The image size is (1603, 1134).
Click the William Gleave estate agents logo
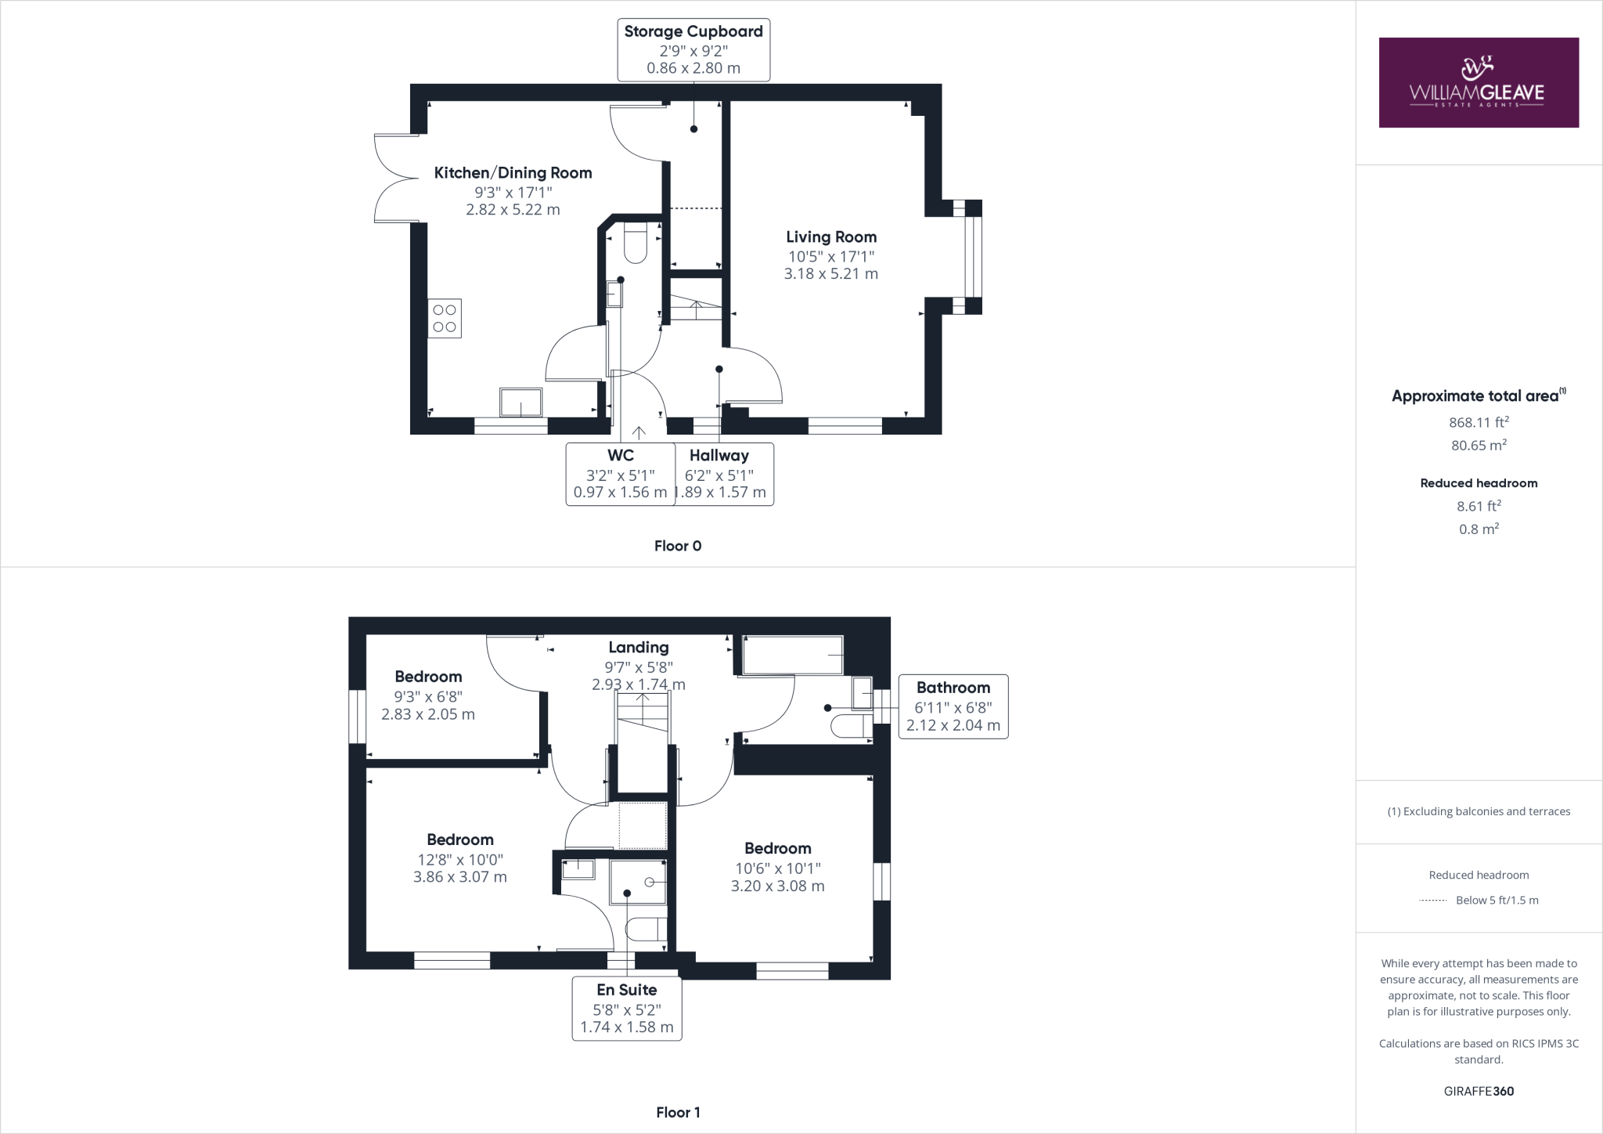tap(1478, 82)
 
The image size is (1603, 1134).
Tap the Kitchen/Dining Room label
tap(513, 173)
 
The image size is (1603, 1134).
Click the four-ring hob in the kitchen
tap(445, 319)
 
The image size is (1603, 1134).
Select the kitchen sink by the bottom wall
tap(521, 403)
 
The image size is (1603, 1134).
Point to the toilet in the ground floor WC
tap(634, 244)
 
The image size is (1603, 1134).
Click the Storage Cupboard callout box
tap(693, 49)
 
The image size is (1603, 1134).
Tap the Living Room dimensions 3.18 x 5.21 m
tap(830, 274)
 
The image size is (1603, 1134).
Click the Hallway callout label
tap(719, 456)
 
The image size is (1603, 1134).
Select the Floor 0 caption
tap(678, 546)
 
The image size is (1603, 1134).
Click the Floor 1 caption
tap(678, 1112)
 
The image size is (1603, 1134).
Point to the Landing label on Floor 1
tap(639, 648)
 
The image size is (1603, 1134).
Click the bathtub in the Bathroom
tap(792, 655)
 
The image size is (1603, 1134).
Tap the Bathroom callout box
tap(953, 706)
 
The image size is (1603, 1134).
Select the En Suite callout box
tap(626, 1008)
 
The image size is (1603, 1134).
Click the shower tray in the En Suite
tap(638, 883)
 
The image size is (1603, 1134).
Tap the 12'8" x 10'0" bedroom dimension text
tap(460, 859)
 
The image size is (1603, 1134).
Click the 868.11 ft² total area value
tap(1478, 423)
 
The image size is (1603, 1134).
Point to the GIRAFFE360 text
tap(1478, 1091)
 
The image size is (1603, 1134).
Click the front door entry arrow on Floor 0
tap(639, 432)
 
